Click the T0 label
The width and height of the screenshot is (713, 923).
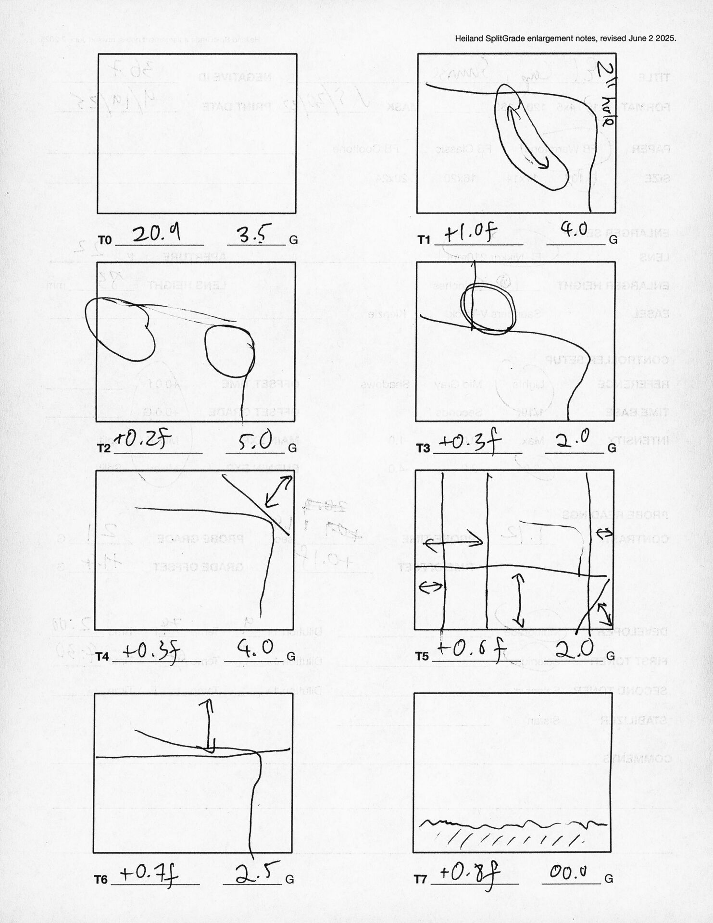[x=104, y=240]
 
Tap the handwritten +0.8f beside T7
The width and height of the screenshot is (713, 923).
[x=469, y=873]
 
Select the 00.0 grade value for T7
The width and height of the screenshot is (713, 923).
[x=568, y=872]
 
